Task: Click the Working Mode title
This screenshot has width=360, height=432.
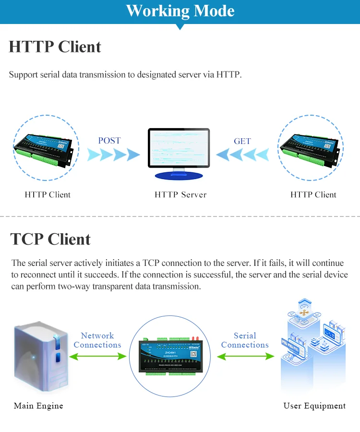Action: click(180, 11)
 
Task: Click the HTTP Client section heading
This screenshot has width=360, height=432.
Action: click(55, 47)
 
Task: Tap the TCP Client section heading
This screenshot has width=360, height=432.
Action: click(50, 239)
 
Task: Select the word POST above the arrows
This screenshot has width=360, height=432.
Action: click(109, 141)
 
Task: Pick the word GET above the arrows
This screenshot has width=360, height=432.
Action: click(242, 141)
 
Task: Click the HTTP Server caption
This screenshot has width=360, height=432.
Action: click(180, 195)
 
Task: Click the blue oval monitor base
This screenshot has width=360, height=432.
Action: click(179, 176)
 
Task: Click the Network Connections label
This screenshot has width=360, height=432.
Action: click(97, 340)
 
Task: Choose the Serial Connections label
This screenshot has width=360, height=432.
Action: click(245, 340)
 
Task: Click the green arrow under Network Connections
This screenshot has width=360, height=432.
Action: click(98, 356)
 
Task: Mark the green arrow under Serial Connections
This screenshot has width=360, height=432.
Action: click(245, 356)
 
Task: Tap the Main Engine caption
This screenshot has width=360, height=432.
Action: click(38, 406)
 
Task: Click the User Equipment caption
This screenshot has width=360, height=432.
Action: click(314, 406)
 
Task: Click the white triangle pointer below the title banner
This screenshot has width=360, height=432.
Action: click(180, 27)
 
